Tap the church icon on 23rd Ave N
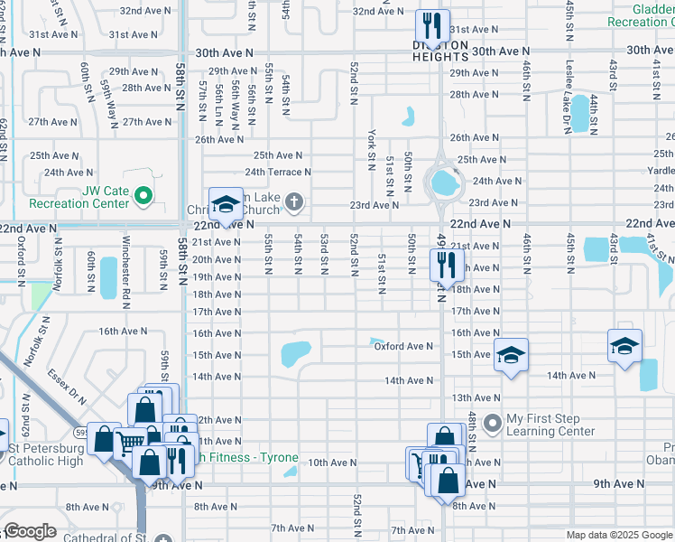pos(294,201)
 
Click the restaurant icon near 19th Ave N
pos(445,263)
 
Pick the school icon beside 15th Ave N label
pos(510,354)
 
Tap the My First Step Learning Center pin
pos(493,422)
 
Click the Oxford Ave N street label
pos(402,346)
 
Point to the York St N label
pos(371,149)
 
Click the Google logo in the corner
pos(29,531)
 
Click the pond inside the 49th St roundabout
pos(443,184)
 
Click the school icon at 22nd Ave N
pos(226,202)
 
